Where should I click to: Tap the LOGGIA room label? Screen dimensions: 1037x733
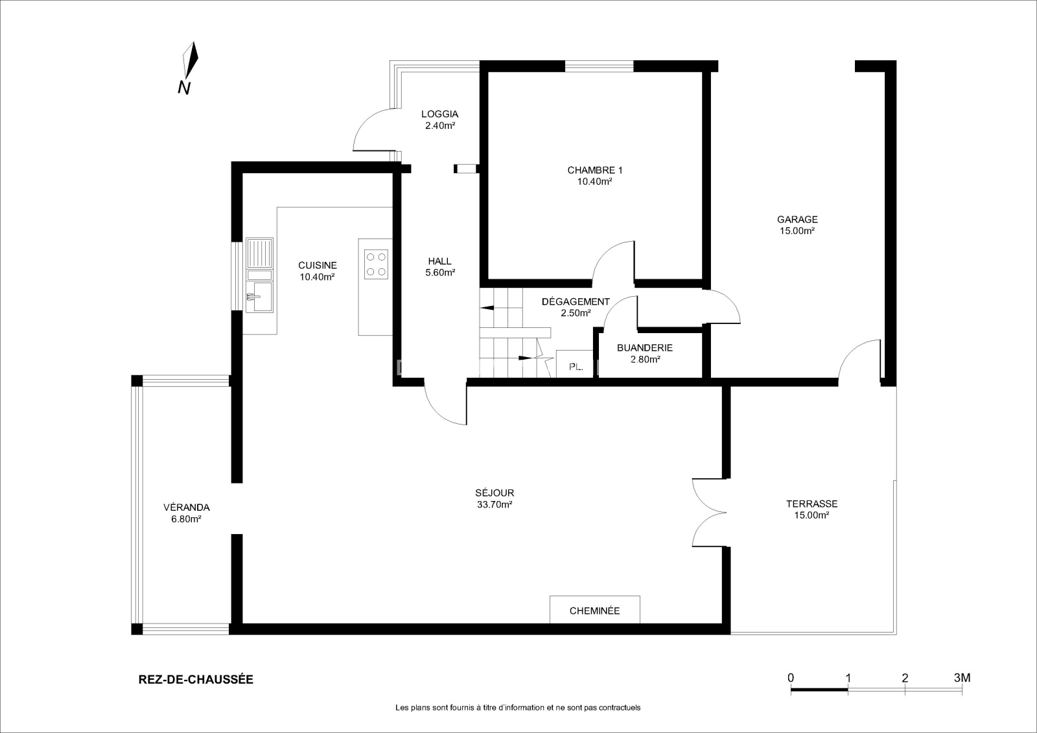[440, 114]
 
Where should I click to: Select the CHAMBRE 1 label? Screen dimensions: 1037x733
[595, 170]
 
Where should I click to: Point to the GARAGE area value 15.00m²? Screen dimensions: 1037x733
[797, 231]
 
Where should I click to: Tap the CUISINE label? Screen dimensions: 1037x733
[318, 265]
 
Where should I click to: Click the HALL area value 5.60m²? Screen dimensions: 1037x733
[440, 273]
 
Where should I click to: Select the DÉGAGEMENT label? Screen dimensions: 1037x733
[576, 301]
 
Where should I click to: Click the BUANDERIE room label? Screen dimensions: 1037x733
[645, 347]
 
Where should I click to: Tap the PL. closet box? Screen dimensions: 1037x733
[574, 364]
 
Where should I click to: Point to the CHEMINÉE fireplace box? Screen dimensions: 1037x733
[595, 610]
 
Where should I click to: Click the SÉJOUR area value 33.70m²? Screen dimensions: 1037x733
[495, 505]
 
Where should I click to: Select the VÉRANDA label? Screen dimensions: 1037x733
[187, 507]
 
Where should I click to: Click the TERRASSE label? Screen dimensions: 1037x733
[812, 504]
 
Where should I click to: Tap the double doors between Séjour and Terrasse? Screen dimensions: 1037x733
[708, 513]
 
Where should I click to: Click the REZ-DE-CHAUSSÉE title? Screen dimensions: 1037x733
[196, 679]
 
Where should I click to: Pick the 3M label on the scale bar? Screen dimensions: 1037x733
[962, 678]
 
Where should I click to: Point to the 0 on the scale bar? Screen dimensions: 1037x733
[791, 678]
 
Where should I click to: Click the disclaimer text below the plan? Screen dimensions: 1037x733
[518, 708]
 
